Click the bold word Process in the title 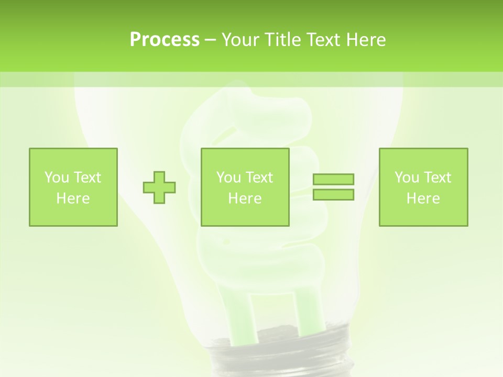click(x=165, y=40)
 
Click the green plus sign click(x=159, y=187)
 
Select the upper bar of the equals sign click(x=333, y=179)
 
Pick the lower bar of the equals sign click(x=333, y=194)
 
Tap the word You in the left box click(x=56, y=178)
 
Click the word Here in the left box click(x=73, y=198)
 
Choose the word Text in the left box click(x=86, y=178)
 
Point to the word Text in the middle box click(x=259, y=178)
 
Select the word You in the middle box click(x=228, y=178)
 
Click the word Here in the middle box click(x=245, y=198)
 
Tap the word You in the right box click(x=407, y=178)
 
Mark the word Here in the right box click(x=423, y=198)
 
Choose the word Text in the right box click(x=437, y=178)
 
